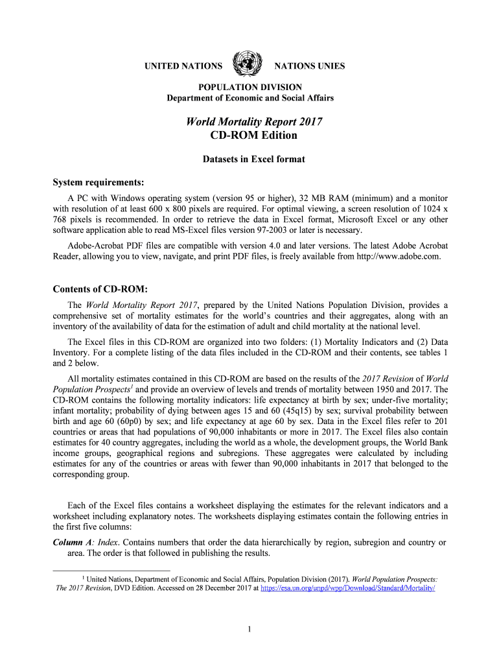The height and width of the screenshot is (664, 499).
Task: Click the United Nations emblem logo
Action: tap(248, 64)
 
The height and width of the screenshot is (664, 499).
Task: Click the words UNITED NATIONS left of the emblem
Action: tap(183, 66)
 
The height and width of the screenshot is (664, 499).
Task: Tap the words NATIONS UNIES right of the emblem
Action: tap(310, 66)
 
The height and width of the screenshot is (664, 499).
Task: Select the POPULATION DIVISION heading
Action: tap(250, 87)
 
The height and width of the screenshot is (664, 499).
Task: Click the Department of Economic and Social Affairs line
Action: tap(250, 98)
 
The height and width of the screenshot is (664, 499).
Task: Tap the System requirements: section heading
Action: tap(98, 182)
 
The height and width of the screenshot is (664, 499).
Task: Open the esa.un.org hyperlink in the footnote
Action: tap(347, 588)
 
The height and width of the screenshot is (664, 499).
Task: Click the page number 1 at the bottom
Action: tap(250, 629)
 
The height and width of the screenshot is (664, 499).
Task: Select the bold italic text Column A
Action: tap(73, 542)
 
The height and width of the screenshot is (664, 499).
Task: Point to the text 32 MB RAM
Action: tap(323, 197)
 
